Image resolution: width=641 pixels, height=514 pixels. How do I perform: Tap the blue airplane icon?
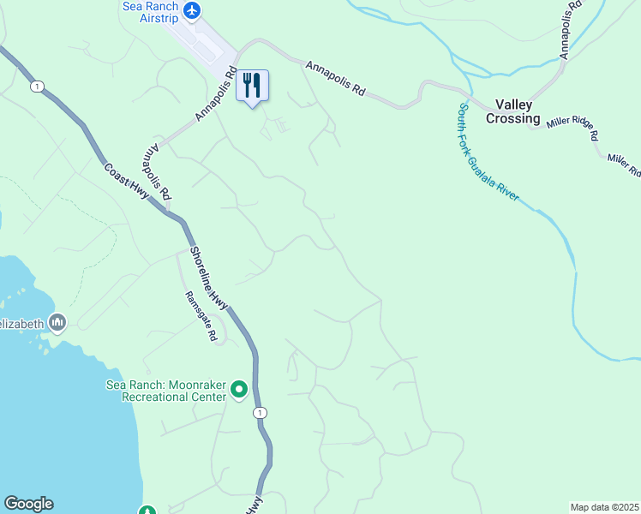click(192, 10)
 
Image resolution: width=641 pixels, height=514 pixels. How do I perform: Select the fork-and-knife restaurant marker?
click(252, 86)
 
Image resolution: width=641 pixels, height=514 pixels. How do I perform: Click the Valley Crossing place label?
click(513, 111)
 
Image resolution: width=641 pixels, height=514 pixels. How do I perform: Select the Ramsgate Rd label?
click(201, 316)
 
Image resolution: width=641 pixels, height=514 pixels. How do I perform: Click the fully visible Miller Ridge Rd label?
click(572, 129)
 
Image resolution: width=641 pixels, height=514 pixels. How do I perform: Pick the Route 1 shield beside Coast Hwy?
click(37, 86)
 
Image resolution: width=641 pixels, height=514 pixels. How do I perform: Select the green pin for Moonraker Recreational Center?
click(240, 391)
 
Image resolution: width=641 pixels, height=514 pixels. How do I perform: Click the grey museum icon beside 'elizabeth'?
click(58, 323)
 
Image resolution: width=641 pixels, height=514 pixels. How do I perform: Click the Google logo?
click(28, 504)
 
